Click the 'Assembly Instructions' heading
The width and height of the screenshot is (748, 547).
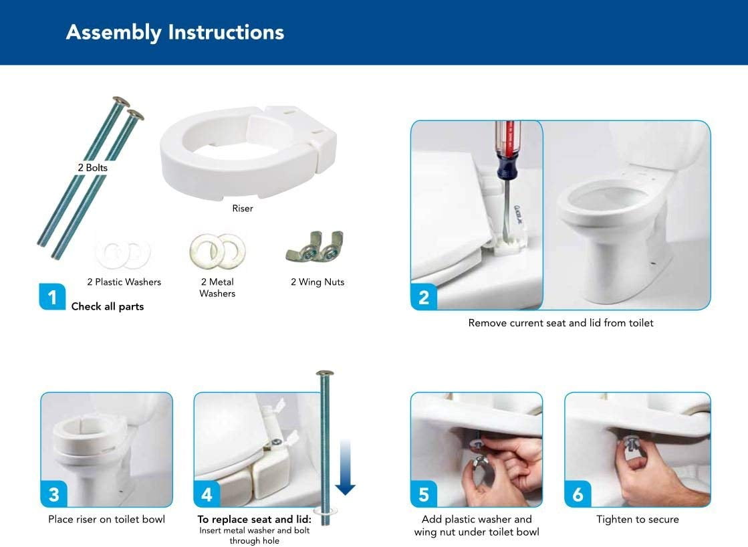click(x=174, y=32)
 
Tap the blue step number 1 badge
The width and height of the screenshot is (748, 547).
click(x=52, y=296)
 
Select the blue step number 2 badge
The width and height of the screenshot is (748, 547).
click(x=424, y=296)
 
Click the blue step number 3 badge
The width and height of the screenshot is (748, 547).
click(x=53, y=494)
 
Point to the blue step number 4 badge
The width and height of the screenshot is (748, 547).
click(x=207, y=494)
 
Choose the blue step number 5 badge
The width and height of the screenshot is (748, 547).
click(x=424, y=494)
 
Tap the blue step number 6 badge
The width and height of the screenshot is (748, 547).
click(x=578, y=494)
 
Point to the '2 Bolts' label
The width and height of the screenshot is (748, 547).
click(x=92, y=168)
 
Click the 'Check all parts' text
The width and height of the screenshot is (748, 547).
click(x=108, y=307)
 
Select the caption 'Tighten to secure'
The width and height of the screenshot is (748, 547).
click(x=637, y=520)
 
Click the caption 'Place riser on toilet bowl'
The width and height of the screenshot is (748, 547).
click(x=106, y=520)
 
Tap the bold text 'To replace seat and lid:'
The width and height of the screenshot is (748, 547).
click(x=254, y=520)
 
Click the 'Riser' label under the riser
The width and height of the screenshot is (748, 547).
click(x=243, y=209)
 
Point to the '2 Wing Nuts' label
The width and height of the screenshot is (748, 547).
click(x=318, y=282)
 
